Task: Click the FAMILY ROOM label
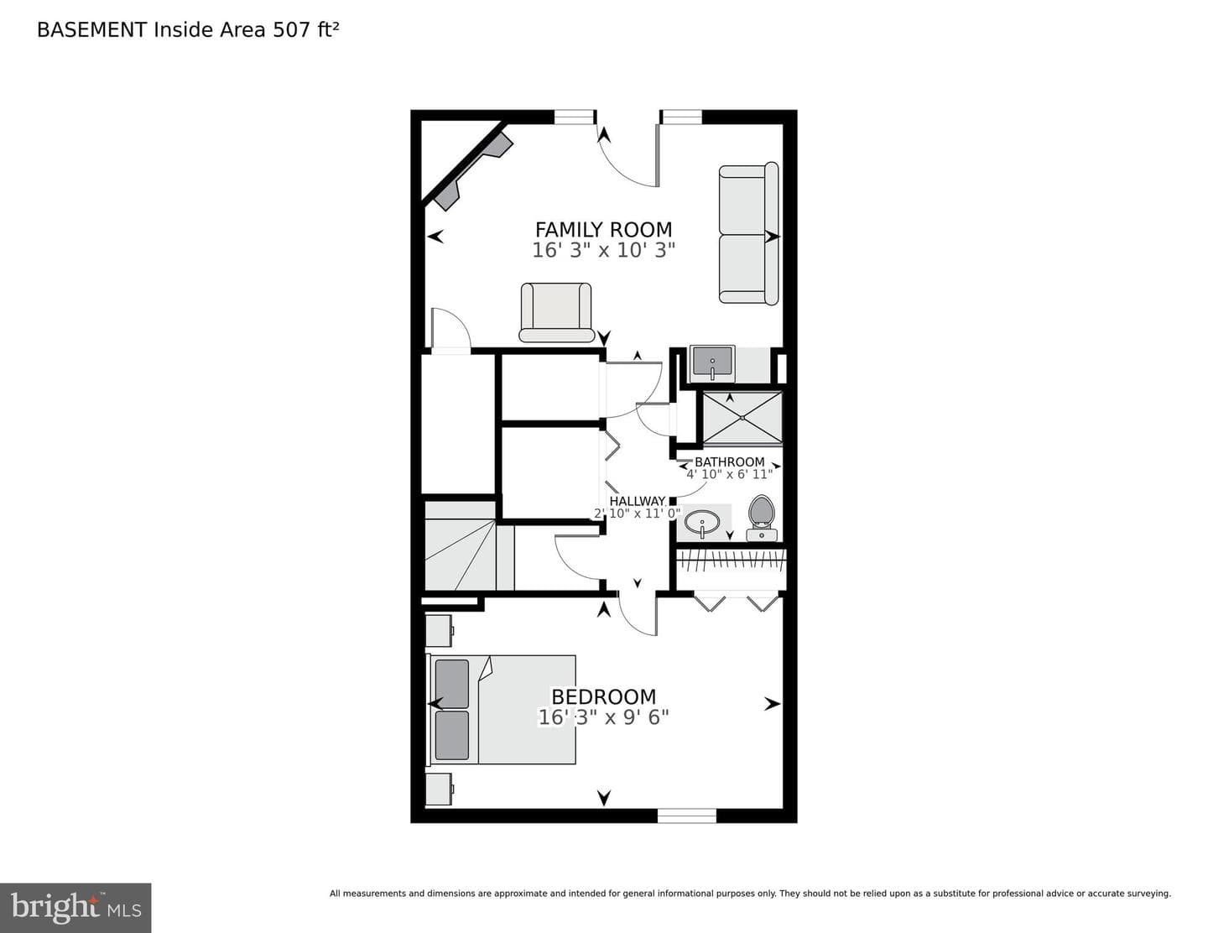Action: [x=603, y=230]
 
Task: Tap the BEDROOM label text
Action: [x=603, y=696]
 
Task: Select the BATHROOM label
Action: [x=729, y=462]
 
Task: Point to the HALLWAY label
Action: [x=637, y=501]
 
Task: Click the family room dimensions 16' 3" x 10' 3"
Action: [x=603, y=250]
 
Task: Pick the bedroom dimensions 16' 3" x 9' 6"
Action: [x=603, y=717]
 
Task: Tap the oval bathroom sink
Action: [x=702, y=523]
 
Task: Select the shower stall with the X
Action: [x=742, y=418]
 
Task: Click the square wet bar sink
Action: [x=712, y=363]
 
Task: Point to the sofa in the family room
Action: [x=748, y=233]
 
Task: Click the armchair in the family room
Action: [x=556, y=312]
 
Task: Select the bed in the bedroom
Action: [x=500, y=710]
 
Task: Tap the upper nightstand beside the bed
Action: [x=439, y=630]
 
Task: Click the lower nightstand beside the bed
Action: [x=439, y=789]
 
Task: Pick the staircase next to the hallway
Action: [x=469, y=545]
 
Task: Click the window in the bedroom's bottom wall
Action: [x=687, y=816]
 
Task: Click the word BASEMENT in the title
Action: [x=91, y=30]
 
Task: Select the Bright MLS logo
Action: [x=75, y=907]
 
